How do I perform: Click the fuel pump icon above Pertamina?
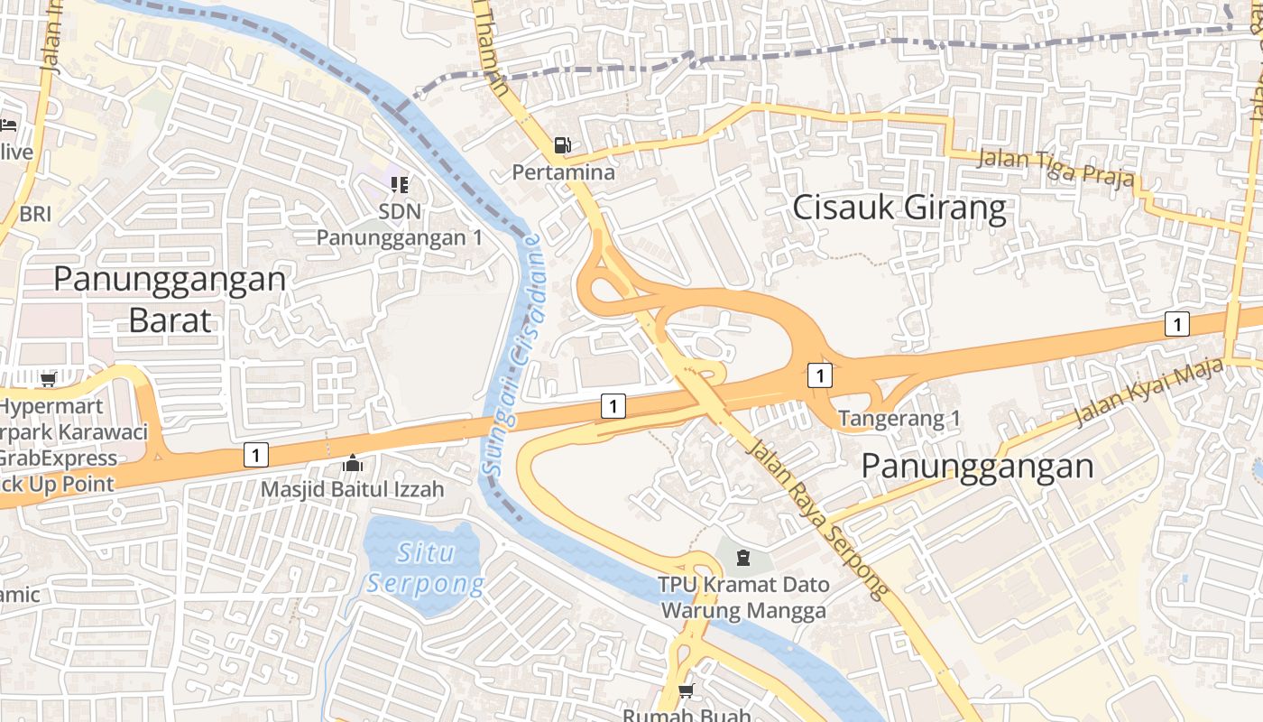(x=563, y=144)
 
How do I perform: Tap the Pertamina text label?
(x=563, y=171)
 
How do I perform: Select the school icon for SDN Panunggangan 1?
(x=399, y=185)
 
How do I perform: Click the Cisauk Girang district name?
(x=899, y=208)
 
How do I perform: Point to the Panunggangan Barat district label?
(x=170, y=298)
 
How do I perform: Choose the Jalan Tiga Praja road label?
(x=1056, y=169)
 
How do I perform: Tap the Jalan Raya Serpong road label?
(x=819, y=518)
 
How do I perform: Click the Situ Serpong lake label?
(x=426, y=568)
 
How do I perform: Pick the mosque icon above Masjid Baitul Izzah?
(x=352, y=464)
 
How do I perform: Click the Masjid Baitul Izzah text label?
(x=352, y=490)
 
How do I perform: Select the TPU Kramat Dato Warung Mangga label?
(x=743, y=597)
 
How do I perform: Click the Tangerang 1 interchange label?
(x=899, y=419)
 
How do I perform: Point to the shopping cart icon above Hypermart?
(x=48, y=379)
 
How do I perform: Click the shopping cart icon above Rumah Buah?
(x=686, y=691)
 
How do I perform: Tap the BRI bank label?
(x=36, y=214)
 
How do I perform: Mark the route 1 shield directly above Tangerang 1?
(x=819, y=375)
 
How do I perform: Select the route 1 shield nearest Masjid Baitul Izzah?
(x=256, y=455)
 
